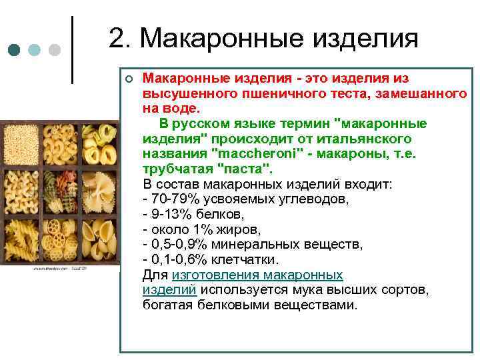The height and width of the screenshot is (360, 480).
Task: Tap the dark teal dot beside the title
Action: [13, 51]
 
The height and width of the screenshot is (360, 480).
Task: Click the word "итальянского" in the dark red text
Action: [355, 139]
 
